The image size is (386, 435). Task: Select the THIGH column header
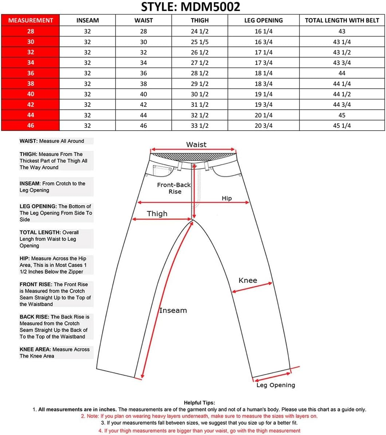(x=200, y=20)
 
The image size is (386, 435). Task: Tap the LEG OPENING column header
(x=263, y=20)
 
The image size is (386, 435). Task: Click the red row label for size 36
(x=31, y=73)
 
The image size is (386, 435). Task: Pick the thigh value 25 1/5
(x=200, y=42)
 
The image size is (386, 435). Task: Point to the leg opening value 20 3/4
(x=263, y=126)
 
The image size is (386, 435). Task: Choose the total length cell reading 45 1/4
(x=342, y=126)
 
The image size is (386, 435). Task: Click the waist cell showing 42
(x=144, y=105)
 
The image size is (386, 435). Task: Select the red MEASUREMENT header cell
(x=31, y=20)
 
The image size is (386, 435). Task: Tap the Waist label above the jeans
(x=196, y=145)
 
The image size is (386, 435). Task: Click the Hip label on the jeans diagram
(x=227, y=198)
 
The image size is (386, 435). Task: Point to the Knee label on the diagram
(x=248, y=280)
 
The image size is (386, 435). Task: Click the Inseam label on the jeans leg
(x=173, y=311)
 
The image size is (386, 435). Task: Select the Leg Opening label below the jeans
(x=276, y=385)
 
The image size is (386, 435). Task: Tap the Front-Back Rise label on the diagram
(x=174, y=188)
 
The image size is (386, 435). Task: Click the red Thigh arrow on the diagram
(x=162, y=220)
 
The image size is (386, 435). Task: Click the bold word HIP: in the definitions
(x=25, y=259)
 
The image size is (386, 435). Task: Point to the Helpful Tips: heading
(x=199, y=403)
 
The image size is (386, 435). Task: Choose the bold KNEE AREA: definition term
(x=35, y=349)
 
